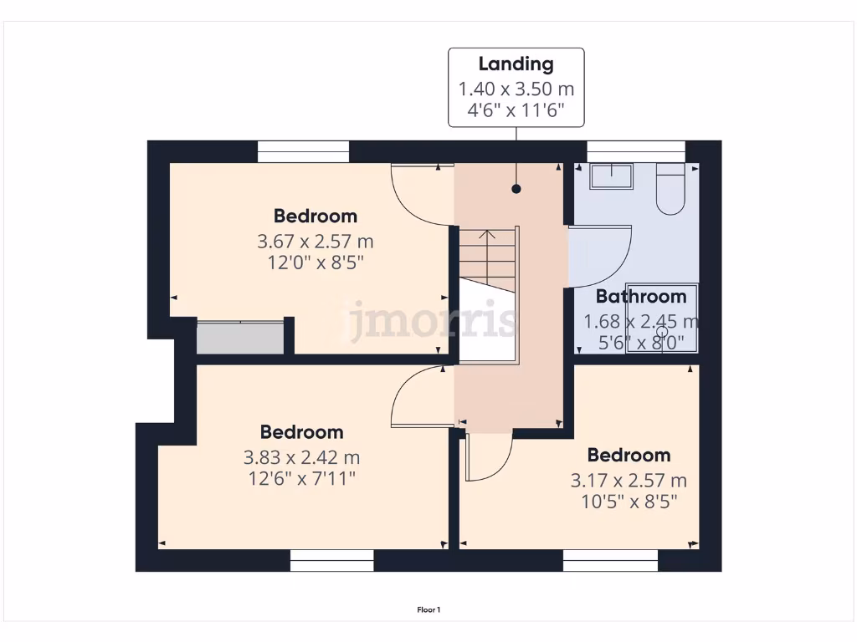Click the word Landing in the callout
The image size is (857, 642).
click(x=516, y=64)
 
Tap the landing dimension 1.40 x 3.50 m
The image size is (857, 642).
click(x=516, y=89)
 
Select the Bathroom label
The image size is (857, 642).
click(x=640, y=296)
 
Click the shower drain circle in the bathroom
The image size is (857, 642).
click(x=662, y=333)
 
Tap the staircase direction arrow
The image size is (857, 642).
click(x=487, y=237)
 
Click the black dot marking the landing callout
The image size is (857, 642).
click(x=516, y=190)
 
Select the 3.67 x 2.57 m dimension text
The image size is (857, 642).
click(x=316, y=242)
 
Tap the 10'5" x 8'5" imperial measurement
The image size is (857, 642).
click(x=629, y=502)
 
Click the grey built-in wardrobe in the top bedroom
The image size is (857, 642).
click(x=240, y=338)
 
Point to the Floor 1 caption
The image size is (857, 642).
click(x=428, y=610)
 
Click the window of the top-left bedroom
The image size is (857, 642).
click(x=302, y=151)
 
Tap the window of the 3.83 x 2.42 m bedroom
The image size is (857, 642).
click(x=331, y=560)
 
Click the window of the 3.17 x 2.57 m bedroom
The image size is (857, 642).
click(x=610, y=560)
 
